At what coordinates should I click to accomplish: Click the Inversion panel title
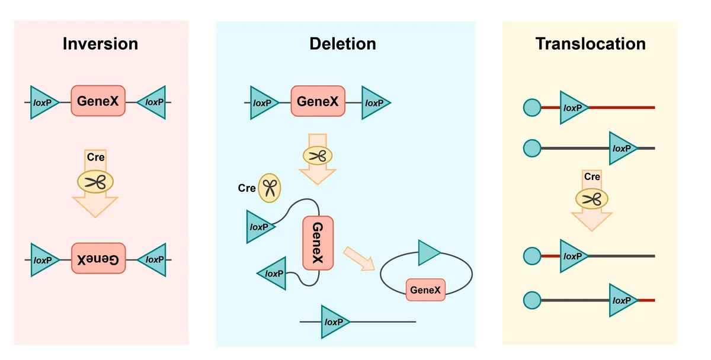click(x=100, y=44)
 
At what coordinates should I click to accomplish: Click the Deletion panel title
click(x=343, y=44)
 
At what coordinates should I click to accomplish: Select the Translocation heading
click(x=591, y=44)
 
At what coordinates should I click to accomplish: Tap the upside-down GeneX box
click(x=98, y=258)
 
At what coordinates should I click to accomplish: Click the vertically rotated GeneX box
click(x=318, y=243)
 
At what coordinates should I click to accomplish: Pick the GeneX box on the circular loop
click(x=425, y=290)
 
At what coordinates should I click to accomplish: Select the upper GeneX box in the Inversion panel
click(x=98, y=101)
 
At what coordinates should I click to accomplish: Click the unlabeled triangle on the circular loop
click(x=428, y=252)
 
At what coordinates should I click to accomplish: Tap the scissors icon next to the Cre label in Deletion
click(x=270, y=188)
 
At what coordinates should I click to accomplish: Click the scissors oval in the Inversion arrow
click(x=95, y=182)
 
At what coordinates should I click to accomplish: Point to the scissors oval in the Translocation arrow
click(x=592, y=199)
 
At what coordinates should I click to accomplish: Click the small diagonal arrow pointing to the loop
click(x=359, y=259)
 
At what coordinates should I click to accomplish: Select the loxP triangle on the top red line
click(x=574, y=108)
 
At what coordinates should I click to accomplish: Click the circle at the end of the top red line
click(x=532, y=108)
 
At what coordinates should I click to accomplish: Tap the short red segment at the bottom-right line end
click(x=646, y=300)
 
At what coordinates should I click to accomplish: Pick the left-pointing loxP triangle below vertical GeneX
click(x=272, y=274)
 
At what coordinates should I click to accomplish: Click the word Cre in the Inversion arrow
click(x=95, y=157)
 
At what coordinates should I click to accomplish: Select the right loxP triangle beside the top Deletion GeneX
click(x=376, y=103)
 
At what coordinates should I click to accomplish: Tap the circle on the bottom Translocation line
click(x=532, y=300)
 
